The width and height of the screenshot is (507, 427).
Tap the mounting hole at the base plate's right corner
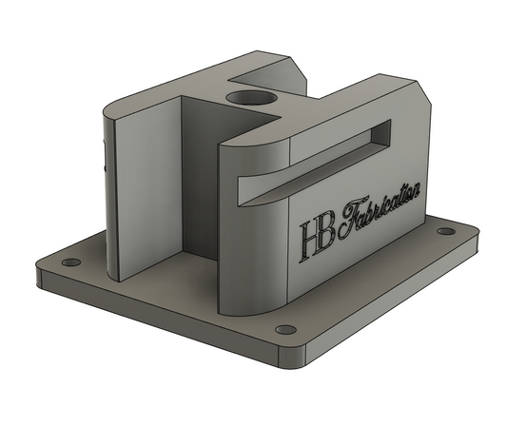(444, 231)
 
